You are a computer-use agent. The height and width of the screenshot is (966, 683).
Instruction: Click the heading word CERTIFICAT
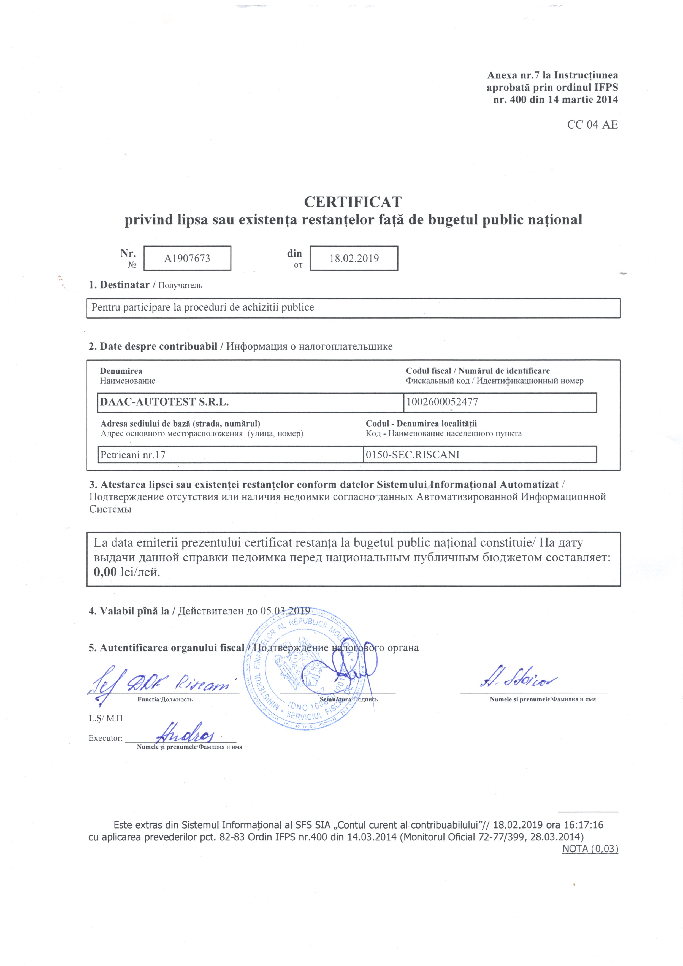(x=353, y=202)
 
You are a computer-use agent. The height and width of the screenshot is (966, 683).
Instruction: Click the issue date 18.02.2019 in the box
(x=354, y=258)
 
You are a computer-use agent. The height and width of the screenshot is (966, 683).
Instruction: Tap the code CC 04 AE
(x=592, y=124)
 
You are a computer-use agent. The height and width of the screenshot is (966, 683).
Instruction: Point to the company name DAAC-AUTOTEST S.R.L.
(x=164, y=402)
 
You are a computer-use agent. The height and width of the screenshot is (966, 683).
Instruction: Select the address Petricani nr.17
(x=133, y=455)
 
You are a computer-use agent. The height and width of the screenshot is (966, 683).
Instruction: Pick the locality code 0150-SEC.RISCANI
(x=412, y=455)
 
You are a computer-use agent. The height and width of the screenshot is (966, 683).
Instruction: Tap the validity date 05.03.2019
(x=285, y=610)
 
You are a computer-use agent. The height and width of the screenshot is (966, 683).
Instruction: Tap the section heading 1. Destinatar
(x=119, y=285)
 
